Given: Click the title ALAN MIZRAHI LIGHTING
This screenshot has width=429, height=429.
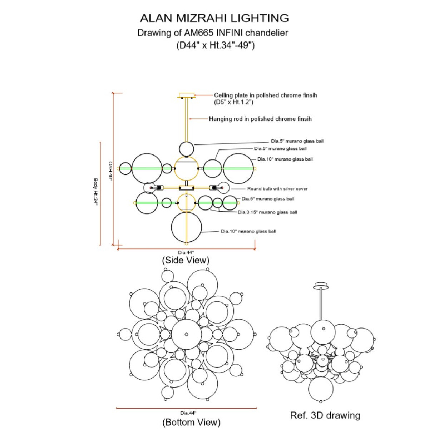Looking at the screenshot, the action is (x=214, y=18).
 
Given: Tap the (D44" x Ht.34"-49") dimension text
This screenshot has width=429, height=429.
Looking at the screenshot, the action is (x=215, y=45).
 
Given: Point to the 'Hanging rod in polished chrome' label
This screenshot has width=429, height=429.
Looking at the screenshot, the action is (x=260, y=119).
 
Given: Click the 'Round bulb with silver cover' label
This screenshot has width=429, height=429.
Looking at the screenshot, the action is (x=277, y=189).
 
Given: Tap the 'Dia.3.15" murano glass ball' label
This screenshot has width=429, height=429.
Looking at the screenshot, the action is (x=267, y=212).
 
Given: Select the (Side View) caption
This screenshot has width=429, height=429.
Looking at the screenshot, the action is (x=186, y=260).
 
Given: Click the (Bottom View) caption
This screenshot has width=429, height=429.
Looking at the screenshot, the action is (x=192, y=422).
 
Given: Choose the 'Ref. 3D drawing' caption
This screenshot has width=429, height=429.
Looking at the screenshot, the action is (x=325, y=415).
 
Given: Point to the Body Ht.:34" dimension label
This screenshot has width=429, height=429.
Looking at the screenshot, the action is (x=95, y=192).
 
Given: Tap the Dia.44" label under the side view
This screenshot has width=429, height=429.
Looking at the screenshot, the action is (x=186, y=252).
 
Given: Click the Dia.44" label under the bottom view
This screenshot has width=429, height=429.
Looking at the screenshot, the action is (x=188, y=413).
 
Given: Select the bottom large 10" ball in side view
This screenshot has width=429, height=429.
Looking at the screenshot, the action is (x=186, y=227).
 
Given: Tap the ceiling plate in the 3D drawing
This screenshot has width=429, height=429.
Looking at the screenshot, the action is (x=321, y=286).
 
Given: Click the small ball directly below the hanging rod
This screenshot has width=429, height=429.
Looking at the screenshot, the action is (x=186, y=149).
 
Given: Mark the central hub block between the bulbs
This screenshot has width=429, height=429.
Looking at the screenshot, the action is (x=187, y=188).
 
